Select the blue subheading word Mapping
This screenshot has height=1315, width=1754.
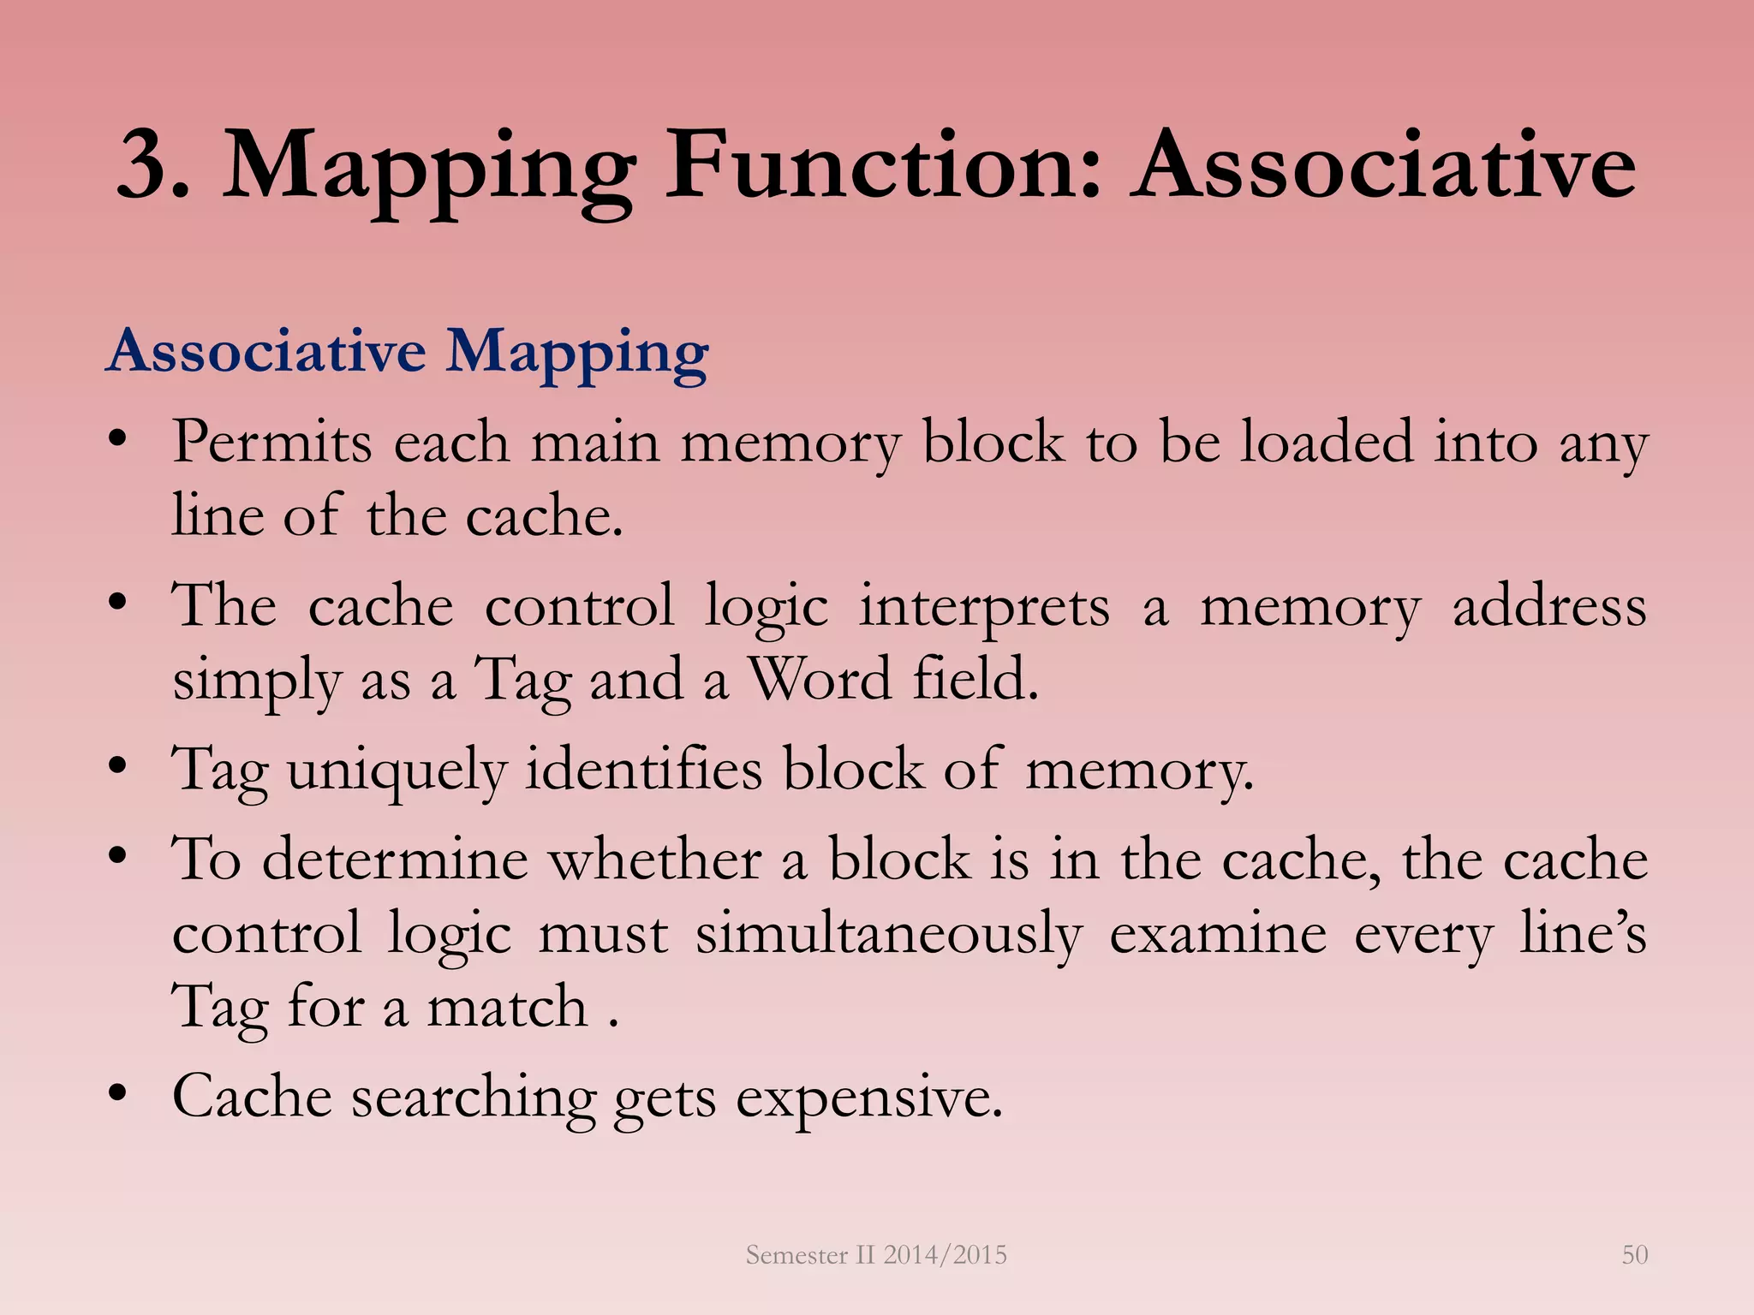pos(577,353)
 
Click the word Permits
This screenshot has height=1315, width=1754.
pos(272,443)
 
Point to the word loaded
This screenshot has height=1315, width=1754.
pos(1327,443)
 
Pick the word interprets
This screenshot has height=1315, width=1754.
pos(985,606)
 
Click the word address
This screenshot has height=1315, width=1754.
pos(1549,606)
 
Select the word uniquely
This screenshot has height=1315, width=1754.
pos(397,770)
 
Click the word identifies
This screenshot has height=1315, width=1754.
pos(643,768)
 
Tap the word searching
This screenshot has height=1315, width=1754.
pos(474,1098)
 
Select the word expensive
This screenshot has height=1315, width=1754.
pos(868,1098)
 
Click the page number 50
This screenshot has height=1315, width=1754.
pos(1634,1254)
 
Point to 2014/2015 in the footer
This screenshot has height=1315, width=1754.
pos(945,1254)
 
